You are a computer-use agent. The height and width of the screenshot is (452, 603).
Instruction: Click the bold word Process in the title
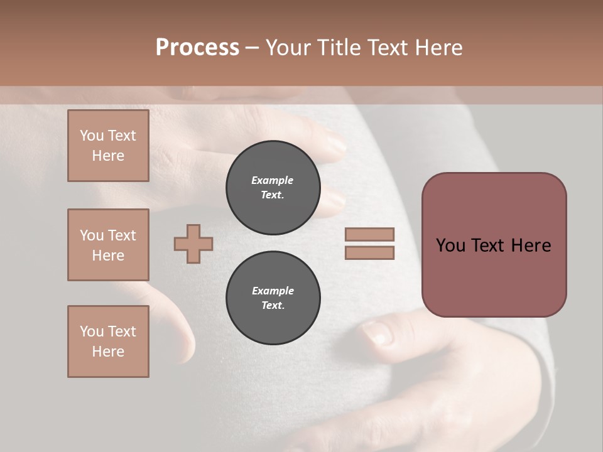point(197,48)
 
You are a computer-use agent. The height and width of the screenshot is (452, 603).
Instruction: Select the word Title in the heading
point(339,48)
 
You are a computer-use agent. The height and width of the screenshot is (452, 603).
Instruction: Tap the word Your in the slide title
point(290,48)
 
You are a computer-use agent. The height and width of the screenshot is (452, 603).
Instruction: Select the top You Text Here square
point(108,146)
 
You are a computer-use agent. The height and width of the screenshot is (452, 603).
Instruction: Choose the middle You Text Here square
point(108,245)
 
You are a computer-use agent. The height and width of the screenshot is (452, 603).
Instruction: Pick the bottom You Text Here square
point(108,342)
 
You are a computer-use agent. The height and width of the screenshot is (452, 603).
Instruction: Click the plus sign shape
point(193,244)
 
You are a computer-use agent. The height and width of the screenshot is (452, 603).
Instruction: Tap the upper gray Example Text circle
point(273,188)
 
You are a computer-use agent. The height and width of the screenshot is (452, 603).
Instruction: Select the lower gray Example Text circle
point(273,298)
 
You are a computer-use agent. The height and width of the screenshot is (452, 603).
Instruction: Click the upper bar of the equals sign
point(369,234)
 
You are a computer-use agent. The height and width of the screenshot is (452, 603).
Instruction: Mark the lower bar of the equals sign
point(369,253)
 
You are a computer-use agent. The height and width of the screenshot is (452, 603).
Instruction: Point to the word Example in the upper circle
point(273,180)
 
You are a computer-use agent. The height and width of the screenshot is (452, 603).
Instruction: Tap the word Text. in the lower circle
point(273,306)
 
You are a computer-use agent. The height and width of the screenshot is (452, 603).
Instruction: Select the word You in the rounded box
point(450,245)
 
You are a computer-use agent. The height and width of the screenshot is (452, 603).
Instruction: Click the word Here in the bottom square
point(108,352)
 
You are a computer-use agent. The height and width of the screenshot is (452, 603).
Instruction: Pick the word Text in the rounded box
point(488,245)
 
